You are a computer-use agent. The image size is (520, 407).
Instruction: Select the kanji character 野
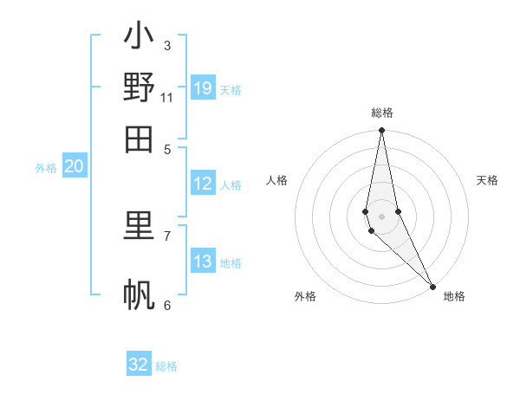tap(139, 87)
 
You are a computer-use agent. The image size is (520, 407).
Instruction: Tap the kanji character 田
tap(139, 139)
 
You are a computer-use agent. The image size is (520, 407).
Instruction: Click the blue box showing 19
tap(203, 88)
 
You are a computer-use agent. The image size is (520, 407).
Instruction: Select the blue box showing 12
tap(203, 184)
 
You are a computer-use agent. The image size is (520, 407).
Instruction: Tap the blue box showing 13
tap(203, 262)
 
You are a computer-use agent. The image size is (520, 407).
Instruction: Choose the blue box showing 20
tap(74, 167)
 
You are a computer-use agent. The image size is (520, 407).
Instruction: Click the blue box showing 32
tap(139, 365)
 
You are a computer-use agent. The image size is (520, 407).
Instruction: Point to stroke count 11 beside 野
tap(167, 97)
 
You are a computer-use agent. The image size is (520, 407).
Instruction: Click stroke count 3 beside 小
tap(167, 45)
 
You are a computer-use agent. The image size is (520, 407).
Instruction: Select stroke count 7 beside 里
tap(167, 235)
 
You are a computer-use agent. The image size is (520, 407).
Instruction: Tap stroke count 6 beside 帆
tap(167, 305)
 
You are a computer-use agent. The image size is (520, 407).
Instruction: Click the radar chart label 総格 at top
tap(382, 113)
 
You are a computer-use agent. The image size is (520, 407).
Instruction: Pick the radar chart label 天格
tap(487, 180)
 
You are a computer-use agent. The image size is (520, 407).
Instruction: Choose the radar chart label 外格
tap(305, 296)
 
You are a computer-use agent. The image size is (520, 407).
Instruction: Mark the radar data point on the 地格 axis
tap(432, 286)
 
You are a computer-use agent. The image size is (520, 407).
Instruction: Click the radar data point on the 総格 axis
tap(381, 131)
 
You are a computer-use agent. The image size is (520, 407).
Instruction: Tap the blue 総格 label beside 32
tap(166, 366)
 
